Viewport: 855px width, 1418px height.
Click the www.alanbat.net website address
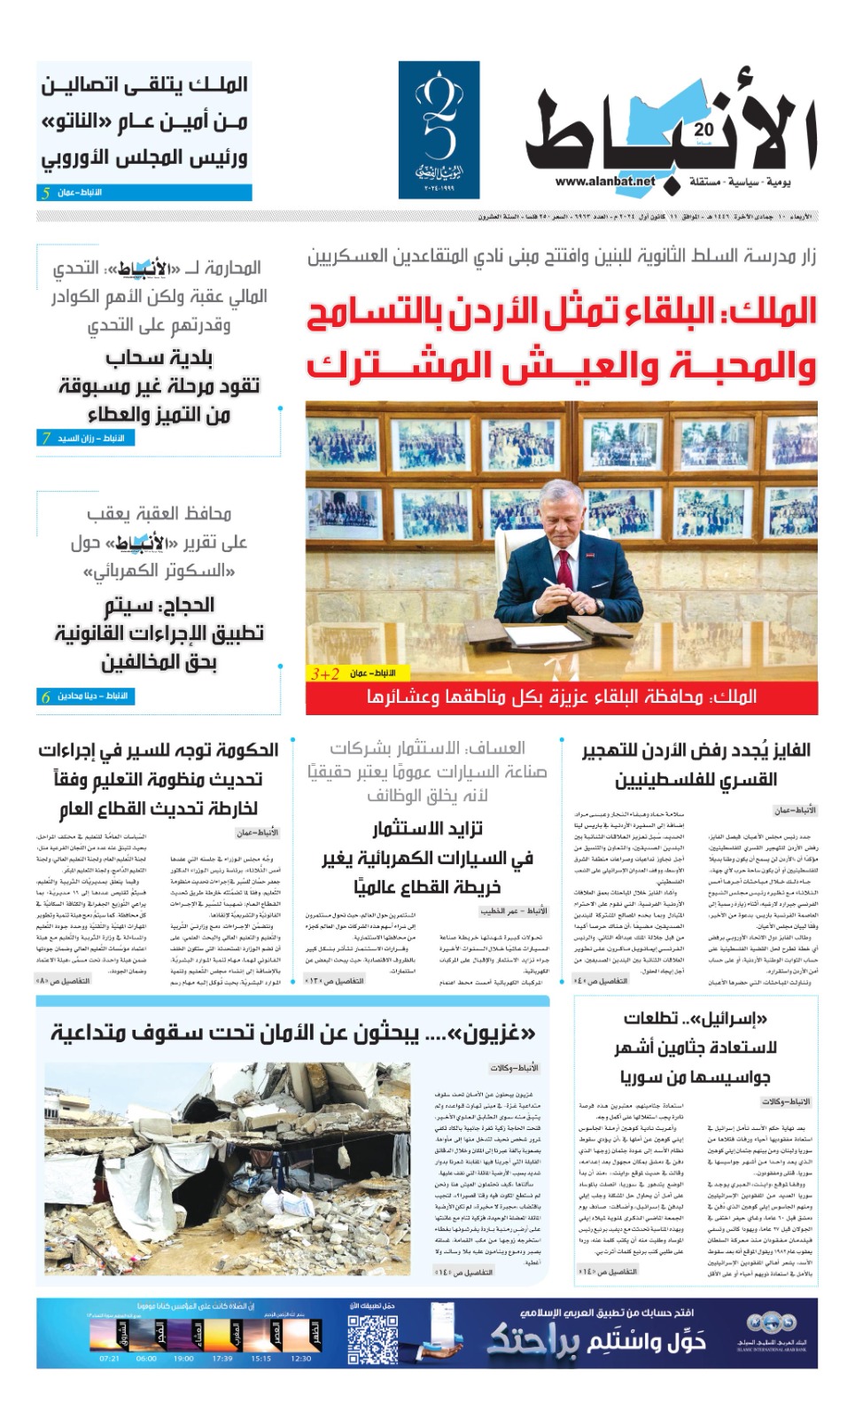pyautogui.click(x=605, y=182)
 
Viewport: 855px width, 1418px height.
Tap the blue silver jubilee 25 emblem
pyautogui.click(x=439, y=129)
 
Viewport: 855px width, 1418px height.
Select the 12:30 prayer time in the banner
pyautogui.click(x=301, y=1358)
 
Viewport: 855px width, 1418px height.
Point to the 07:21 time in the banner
pyautogui.click(x=110, y=1358)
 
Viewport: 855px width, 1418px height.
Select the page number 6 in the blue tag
pyautogui.click(x=45, y=697)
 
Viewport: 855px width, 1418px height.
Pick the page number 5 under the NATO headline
pyautogui.click(x=45, y=192)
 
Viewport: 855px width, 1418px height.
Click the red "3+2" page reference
pyautogui.click(x=325, y=674)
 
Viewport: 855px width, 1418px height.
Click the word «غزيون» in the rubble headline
pyautogui.click(x=502, y=1032)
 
